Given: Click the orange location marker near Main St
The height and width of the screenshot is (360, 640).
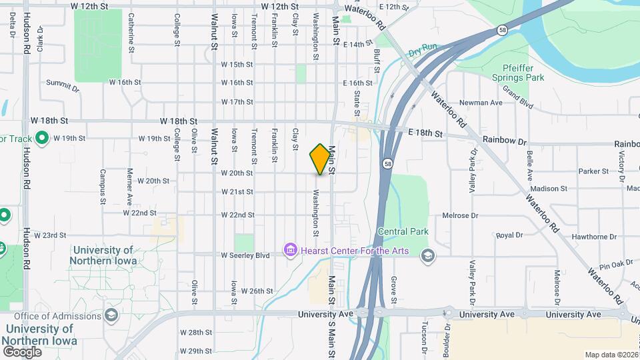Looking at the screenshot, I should (x=321, y=159).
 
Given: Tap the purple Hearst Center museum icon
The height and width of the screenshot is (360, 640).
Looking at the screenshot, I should (x=290, y=251).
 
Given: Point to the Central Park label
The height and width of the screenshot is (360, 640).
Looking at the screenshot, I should (x=403, y=231).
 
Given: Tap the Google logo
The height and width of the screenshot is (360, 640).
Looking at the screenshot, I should (x=22, y=351).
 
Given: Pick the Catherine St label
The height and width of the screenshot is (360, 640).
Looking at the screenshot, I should (x=131, y=33).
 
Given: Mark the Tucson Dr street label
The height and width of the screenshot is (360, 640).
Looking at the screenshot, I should (x=423, y=337).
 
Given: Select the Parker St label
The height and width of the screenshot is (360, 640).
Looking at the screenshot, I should (x=593, y=171).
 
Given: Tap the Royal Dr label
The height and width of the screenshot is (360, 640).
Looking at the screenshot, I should (x=509, y=235).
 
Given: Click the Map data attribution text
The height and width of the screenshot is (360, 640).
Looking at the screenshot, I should (x=611, y=355).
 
